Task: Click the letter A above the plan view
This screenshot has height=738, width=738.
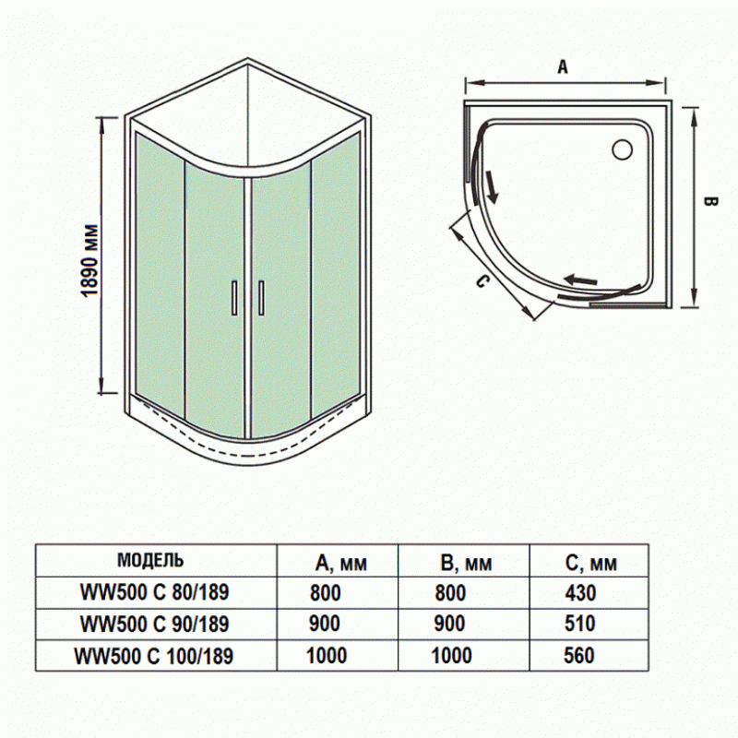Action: click(x=564, y=66)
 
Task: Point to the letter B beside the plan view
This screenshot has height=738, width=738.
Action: click(x=709, y=204)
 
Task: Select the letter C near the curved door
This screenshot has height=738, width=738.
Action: click(x=481, y=281)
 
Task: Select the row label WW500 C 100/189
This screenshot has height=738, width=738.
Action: click(x=154, y=655)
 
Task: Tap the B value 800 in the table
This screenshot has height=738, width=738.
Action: click(x=450, y=593)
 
